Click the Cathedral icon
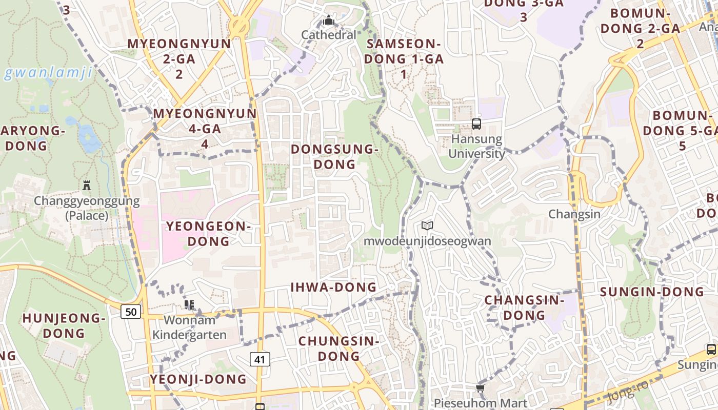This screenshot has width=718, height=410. [328, 20]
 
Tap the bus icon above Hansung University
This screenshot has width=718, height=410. [476, 124]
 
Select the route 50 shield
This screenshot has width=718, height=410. [131, 311]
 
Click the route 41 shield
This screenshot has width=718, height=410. [260, 359]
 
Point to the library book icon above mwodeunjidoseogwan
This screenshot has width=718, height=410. [427, 225]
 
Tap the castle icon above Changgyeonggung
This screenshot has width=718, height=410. [86, 185]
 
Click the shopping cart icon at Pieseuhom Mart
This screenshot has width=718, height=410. [481, 388]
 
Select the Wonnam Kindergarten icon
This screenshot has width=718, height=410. [189, 305]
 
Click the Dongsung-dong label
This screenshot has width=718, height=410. [334, 156]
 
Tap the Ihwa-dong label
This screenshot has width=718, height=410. [334, 287]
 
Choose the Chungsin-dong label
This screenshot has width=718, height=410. [338, 348]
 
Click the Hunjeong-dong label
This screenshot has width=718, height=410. [64, 325]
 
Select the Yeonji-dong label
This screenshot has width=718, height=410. [198, 379]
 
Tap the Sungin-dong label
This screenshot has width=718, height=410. [652, 292]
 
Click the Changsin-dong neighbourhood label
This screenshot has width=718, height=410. [524, 307]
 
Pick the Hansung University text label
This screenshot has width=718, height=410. [477, 146]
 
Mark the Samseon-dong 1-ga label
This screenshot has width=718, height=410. [404, 58]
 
